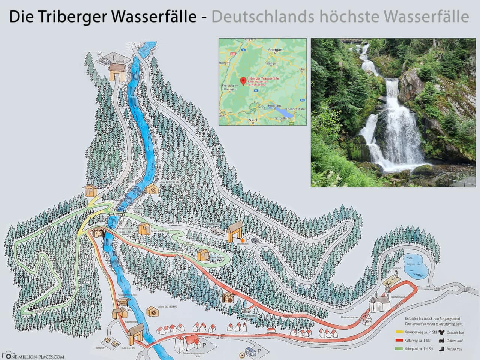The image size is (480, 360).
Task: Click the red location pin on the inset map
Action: (243, 80)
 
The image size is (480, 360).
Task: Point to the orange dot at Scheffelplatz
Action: (243, 240)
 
